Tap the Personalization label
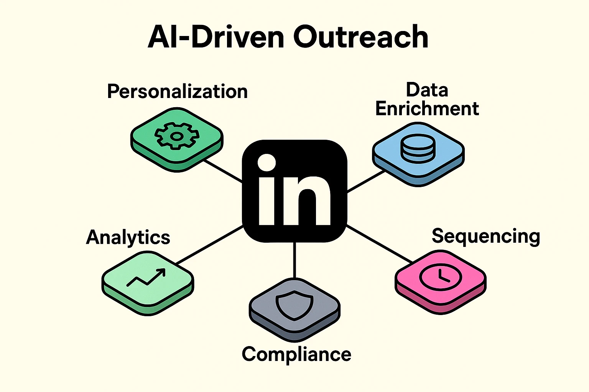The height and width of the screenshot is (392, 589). (x=177, y=91)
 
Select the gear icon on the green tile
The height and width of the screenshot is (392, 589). (x=177, y=136)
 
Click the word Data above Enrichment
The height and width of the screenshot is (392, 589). (x=427, y=90)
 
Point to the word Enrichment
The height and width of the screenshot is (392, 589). (x=427, y=109)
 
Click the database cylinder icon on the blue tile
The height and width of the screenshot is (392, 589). (x=418, y=149)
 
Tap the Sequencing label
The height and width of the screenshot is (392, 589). (x=486, y=236)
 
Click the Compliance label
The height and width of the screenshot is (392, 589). (x=296, y=354)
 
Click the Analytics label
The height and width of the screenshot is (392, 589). (x=128, y=237)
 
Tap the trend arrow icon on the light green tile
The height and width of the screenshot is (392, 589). (x=146, y=277)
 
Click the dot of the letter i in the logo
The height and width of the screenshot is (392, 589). (x=267, y=163)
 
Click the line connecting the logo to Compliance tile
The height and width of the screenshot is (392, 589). (x=294, y=260)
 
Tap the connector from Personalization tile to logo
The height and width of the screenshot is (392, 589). (x=222, y=171)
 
